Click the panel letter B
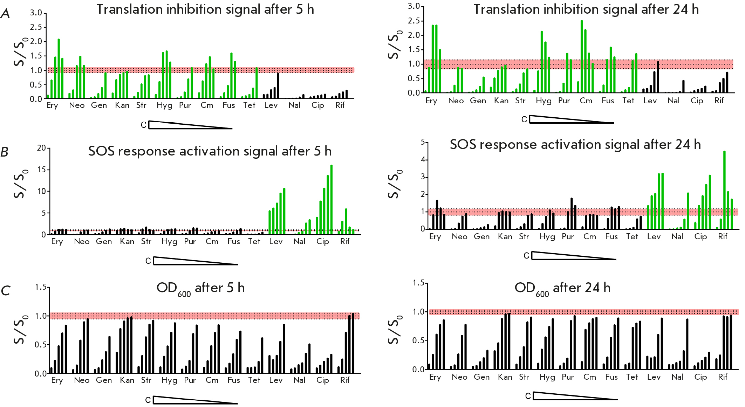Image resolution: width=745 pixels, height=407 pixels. point(5,152)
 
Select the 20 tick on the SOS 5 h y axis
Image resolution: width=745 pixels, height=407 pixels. point(41,148)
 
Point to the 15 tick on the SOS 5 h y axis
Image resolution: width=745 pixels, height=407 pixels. point(41,170)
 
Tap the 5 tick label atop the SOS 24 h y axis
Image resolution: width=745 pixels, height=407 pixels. point(423,142)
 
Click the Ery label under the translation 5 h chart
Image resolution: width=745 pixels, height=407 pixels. point(52,105)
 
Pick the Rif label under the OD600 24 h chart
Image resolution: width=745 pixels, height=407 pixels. point(723,377)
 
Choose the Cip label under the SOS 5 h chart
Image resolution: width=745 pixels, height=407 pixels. point(322,242)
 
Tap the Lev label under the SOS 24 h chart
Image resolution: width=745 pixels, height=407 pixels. point(654,237)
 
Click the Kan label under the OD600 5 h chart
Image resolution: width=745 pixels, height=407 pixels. point(127,380)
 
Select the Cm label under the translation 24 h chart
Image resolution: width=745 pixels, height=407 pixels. point(586,101)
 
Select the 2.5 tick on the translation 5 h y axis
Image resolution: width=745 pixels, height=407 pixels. point(36,27)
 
